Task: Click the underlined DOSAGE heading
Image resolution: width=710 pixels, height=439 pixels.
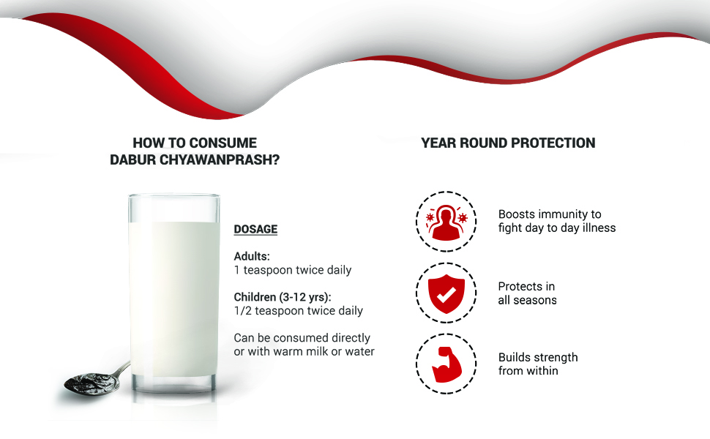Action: click(255, 229)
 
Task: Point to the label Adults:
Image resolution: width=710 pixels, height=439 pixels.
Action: click(252, 256)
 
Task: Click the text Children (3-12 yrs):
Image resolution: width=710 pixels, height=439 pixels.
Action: click(283, 297)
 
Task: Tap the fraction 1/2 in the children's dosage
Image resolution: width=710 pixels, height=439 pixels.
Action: click(243, 311)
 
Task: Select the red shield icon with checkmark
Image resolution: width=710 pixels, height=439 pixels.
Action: click(446, 293)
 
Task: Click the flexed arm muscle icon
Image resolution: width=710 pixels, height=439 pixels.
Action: click(446, 364)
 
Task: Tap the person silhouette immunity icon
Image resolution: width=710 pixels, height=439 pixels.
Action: click(446, 222)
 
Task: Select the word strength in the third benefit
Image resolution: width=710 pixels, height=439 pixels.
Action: click(555, 358)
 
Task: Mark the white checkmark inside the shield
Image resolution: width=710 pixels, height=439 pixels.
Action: click(446, 296)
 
